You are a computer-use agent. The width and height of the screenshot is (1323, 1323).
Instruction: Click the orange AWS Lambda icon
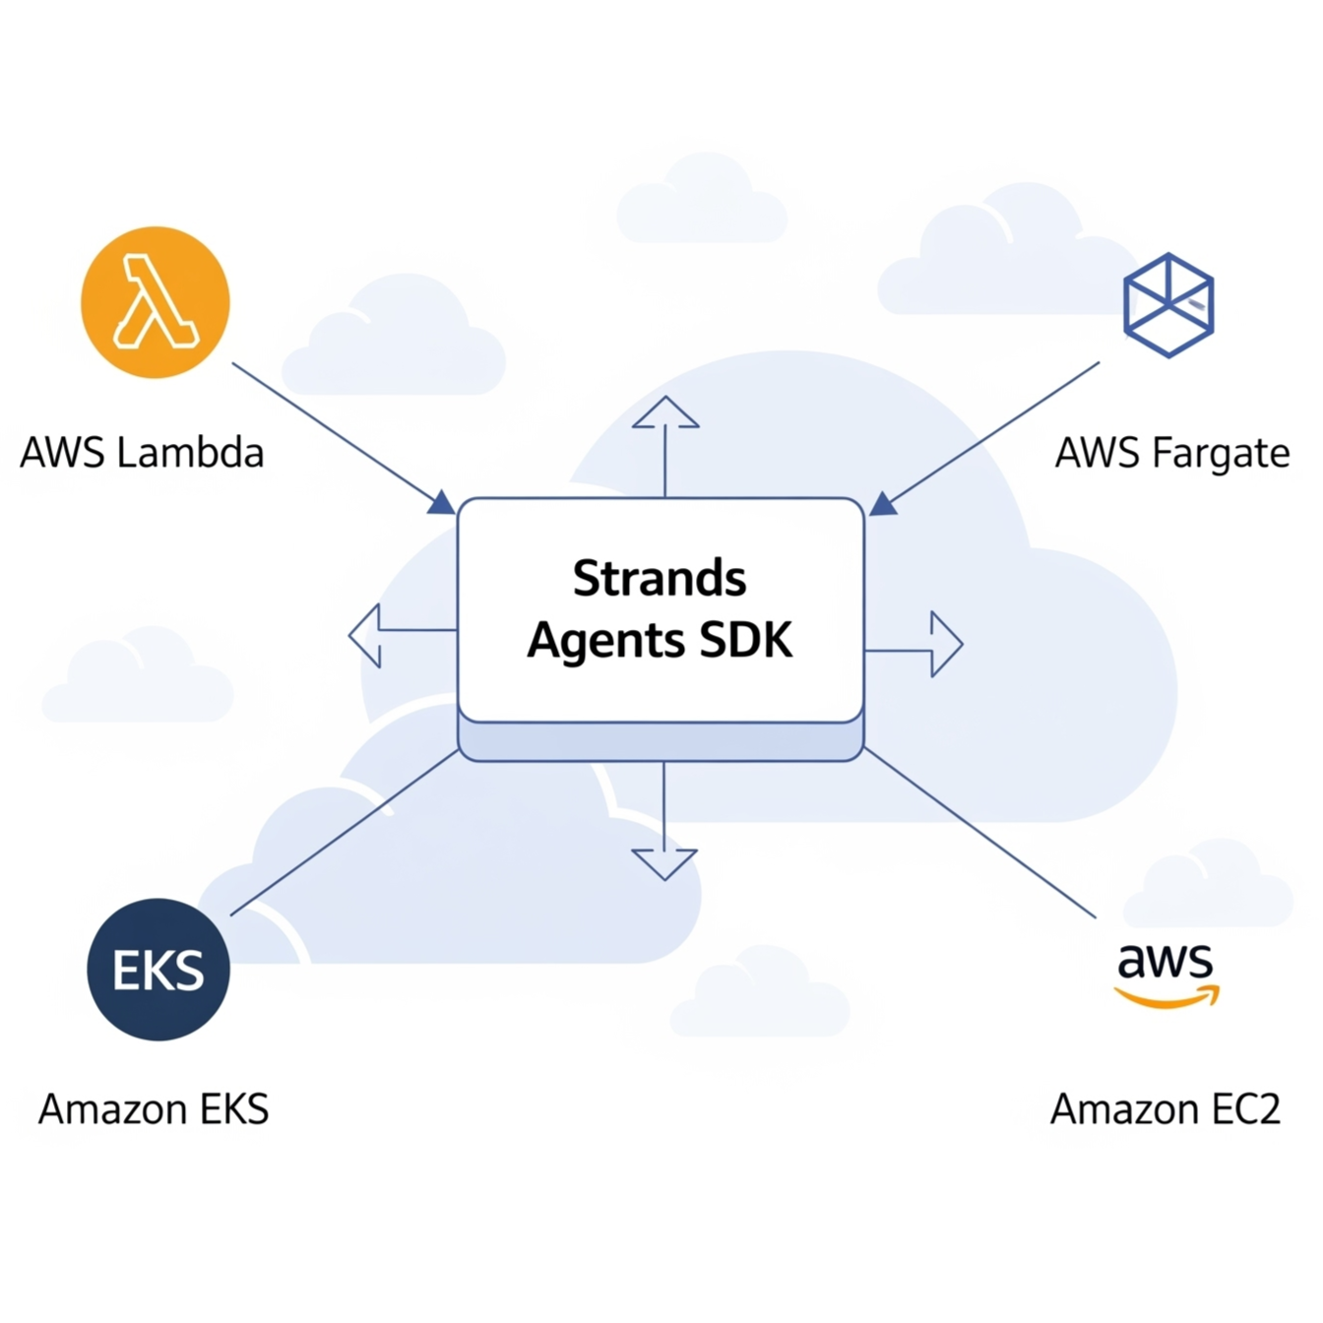pyautogui.click(x=156, y=302)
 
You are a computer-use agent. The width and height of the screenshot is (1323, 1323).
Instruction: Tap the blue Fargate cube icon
pyautogui.click(x=1168, y=304)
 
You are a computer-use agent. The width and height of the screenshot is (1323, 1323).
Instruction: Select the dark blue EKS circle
pyautogui.click(x=158, y=970)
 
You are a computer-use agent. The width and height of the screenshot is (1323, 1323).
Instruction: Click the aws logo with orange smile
pyautogui.click(x=1166, y=974)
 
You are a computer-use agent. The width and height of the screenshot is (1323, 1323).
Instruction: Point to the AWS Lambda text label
pyautogui.click(x=143, y=453)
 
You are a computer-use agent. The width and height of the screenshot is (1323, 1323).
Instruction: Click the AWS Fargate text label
pyautogui.click(x=1172, y=453)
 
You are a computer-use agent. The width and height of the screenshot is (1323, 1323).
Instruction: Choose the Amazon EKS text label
pyautogui.click(x=154, y=1109)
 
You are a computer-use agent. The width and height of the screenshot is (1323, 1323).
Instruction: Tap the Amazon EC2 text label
pyautogui.click(x=1165, y=1109)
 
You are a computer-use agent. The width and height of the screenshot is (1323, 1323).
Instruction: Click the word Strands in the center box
pyautogui.click(x=660, y=578)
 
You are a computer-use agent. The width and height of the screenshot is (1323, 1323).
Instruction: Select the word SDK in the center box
pyautogui.click(x=745, y=641)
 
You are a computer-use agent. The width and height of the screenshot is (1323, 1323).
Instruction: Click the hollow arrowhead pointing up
pyautogui.click(x=665, y=412)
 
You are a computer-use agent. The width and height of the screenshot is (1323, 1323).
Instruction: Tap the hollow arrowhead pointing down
pyautogui.click(x=664, y=863)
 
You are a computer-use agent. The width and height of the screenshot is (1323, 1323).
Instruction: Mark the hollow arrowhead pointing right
pyautogui.click(x=945, y=645)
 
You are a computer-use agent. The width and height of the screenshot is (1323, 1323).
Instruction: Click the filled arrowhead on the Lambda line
pyautogui.click(x=441, y=503)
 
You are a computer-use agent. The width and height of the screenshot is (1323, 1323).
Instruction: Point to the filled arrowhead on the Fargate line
pyautogui.click(x=882, y=504)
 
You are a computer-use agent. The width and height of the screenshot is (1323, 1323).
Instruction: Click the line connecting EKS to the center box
pyautogui.click(x=345, y=833)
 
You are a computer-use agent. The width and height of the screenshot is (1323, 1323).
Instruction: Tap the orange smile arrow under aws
pyautogui.click(x=1167, y=999)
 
